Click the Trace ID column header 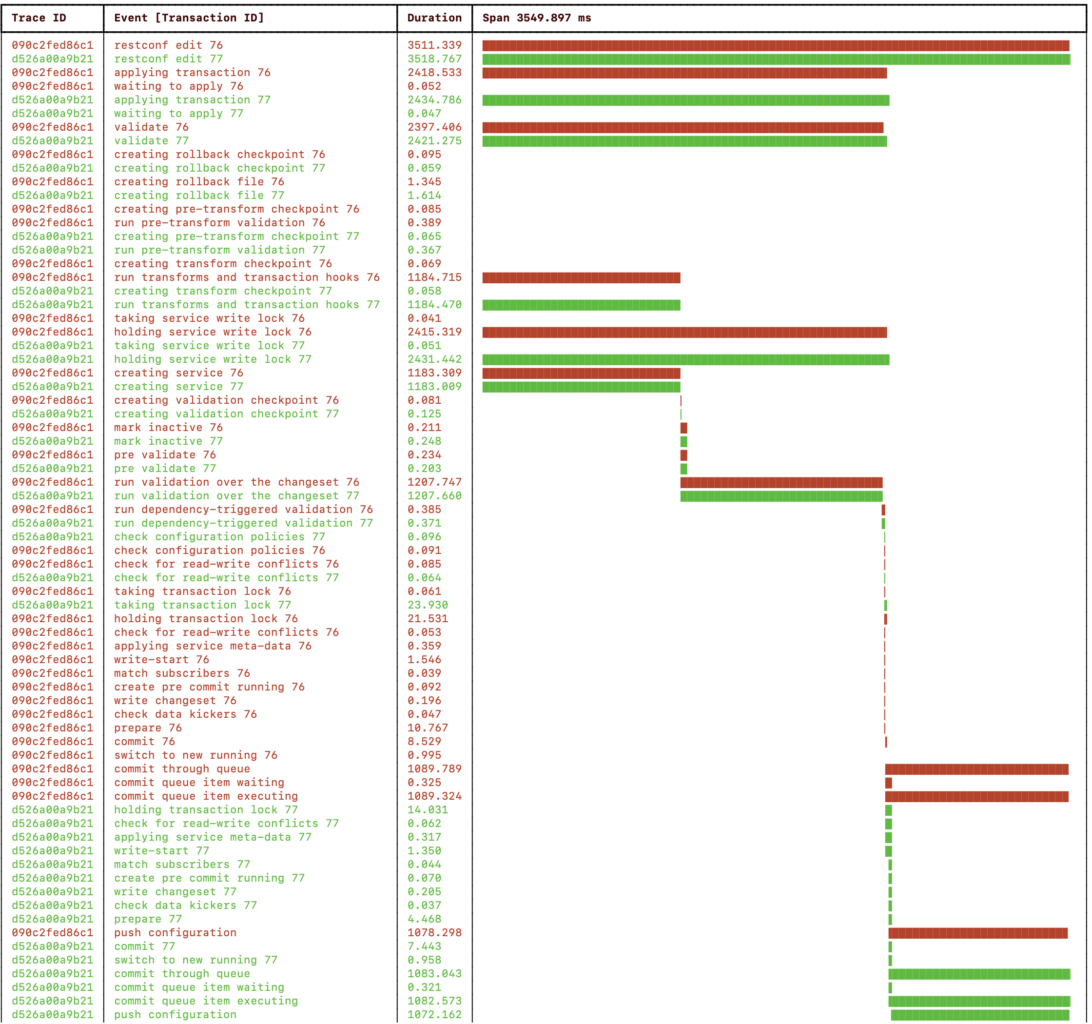39,18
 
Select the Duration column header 434,18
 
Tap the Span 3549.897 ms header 536,18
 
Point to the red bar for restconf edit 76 775,46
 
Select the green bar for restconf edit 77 776,59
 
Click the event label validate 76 151,127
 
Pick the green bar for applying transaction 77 685,100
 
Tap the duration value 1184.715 434,277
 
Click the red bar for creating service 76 581,374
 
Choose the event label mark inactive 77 168,441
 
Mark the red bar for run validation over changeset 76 780,482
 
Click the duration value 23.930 428,605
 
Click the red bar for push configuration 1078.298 977,933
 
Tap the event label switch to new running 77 195,960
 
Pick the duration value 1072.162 434,1015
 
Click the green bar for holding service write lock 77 685,360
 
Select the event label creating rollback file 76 199,182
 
